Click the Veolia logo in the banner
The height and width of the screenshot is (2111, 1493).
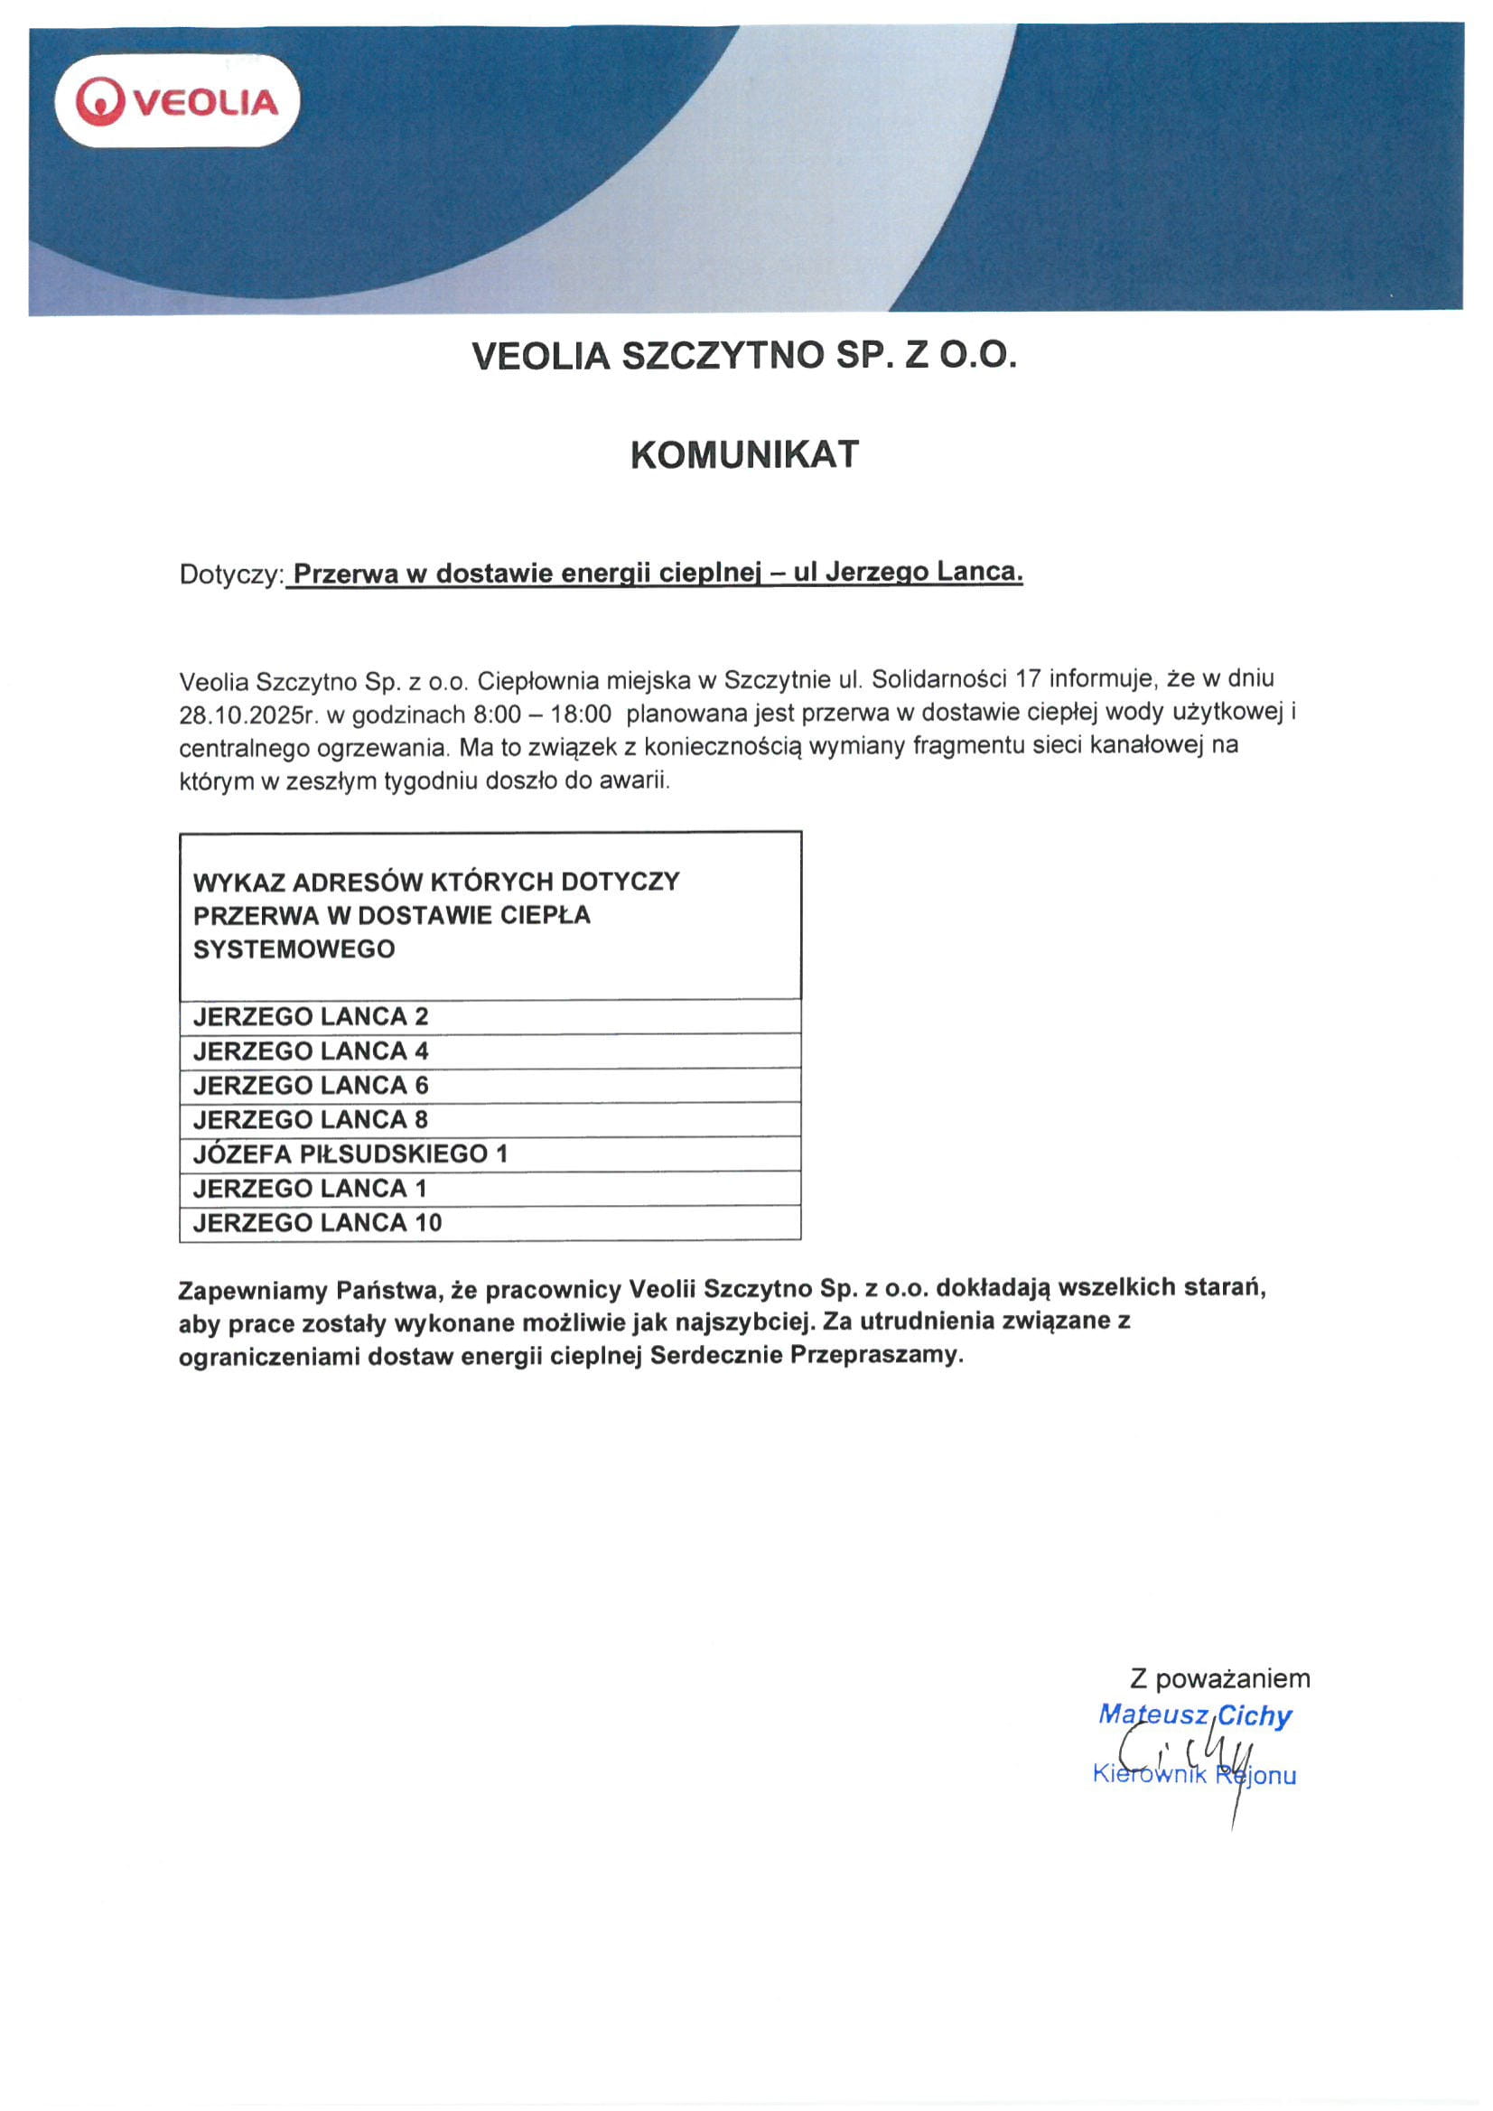point(177,101)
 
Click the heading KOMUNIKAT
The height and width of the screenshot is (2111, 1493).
point(744,455)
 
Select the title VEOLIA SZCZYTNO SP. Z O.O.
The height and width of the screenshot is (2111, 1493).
point(744,356)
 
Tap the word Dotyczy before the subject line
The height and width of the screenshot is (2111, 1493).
point(229,574)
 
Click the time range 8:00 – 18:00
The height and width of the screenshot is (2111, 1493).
point(543,714)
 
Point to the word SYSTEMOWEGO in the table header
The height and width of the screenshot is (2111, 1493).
point(294,948)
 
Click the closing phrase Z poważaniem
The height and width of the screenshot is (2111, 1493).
point(1220,1679)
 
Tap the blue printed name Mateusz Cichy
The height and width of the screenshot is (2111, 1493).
point(1195,1715)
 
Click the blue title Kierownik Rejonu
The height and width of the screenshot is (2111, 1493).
point(1194,1774)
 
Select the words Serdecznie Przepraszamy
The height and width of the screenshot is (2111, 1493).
point(807,1355)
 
